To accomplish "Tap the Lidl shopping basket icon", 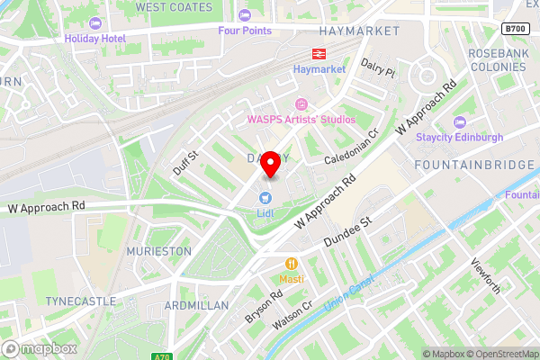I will click(265, 197).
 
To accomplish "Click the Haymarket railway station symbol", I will click(319, 54).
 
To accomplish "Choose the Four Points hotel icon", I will click(245, 14).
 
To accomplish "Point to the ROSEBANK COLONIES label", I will click(503, 59).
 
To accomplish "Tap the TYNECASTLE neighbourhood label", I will click(84, 301).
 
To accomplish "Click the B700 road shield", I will click(515, 30).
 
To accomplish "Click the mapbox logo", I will click(40, 347).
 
